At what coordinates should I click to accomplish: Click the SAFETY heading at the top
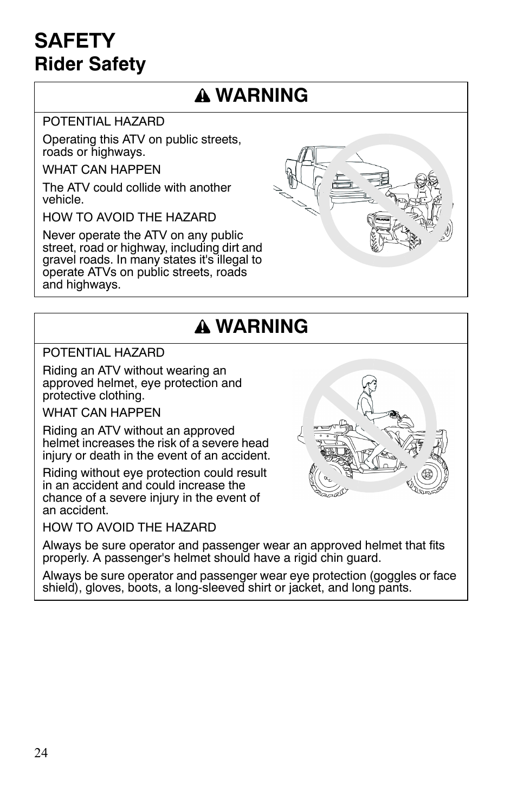pos(75,41)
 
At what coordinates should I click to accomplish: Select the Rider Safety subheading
pos(90,64)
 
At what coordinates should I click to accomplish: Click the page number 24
pos(41,753)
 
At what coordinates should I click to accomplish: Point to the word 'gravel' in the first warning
pos(57,260)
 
